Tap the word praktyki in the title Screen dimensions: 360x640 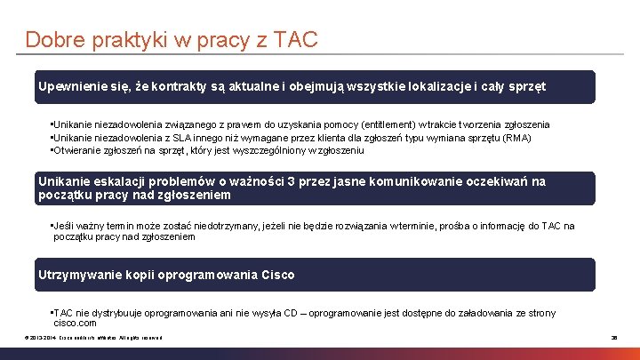click(116, 40)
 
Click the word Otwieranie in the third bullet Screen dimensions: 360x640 click(82, 150)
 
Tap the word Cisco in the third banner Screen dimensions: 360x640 click(278, 275)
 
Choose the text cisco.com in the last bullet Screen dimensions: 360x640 click(76, 324)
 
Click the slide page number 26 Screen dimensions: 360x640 click(613, 339)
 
